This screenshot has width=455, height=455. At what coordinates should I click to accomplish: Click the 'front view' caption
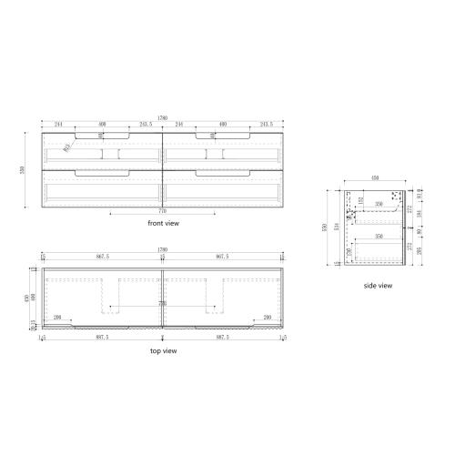[x=162, y=222]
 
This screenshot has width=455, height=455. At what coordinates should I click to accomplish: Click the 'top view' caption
[x=162, y=350]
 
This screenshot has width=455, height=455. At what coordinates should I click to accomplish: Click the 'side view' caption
[x=378, y=286]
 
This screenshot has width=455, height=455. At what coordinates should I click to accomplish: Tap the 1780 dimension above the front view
[x=163, y=116]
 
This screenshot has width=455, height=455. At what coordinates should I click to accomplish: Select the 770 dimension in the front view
[x=162, y=210]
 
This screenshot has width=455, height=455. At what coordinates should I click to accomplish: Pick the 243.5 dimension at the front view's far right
[x=267, y=125]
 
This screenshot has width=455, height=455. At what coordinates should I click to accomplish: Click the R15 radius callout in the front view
[x=68, y=143]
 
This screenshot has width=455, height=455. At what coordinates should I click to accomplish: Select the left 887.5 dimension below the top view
[x=102, y=336]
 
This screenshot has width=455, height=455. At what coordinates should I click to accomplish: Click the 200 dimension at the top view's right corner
[x=268, y=317]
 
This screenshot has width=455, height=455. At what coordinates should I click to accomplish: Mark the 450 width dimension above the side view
[x=374, y=180]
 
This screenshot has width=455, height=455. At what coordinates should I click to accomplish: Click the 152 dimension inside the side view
[x=361, y=200]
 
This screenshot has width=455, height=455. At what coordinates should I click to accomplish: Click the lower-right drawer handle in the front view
[x=222, y=170]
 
